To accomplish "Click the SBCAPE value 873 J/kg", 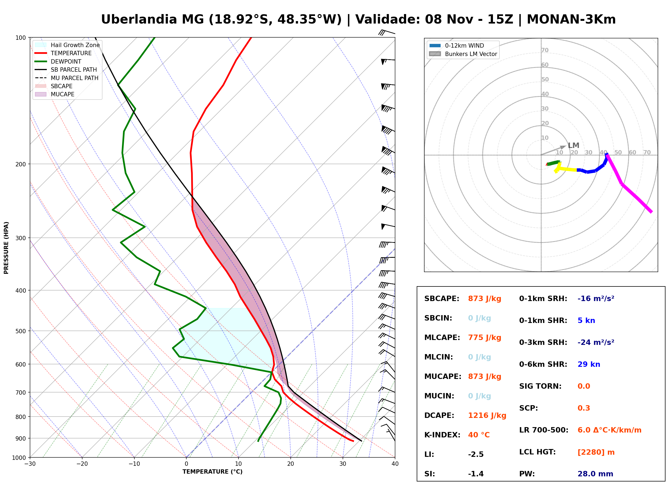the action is coord(485,299).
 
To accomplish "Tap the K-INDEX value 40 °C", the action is coord(479,435).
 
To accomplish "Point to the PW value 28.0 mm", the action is coord(595,474).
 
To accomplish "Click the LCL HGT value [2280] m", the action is coord(596,452).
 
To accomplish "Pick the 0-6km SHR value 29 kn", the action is coord(589,364).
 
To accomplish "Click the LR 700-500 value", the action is coord(610,430).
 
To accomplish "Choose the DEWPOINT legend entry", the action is coord(58,61).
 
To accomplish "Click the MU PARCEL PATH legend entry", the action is coord(67,78).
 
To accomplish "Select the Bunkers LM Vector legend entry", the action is coord(463,54).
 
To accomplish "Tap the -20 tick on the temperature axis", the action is coord(82,464).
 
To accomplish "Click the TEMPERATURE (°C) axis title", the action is coord(212,472).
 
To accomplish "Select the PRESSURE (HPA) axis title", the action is coord(6,248).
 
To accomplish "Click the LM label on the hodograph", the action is coord(574,145).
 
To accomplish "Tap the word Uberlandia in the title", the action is coord(139,19).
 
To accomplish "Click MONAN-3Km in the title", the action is coord(571,19).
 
